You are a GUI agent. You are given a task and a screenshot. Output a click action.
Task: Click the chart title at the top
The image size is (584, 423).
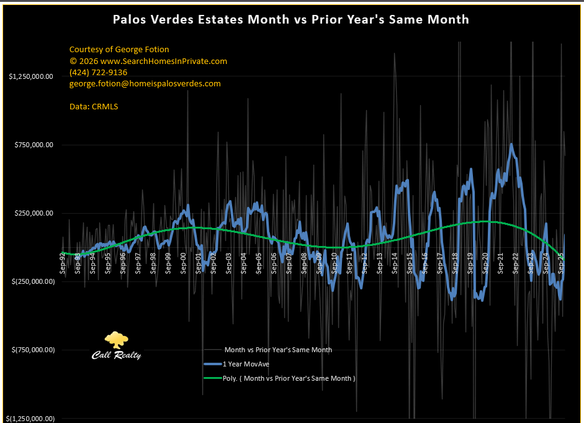pyautogui.click(x=291, y=19)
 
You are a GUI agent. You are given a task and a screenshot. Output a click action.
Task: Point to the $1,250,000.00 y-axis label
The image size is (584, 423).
pyautogui.click(x=30, y=76)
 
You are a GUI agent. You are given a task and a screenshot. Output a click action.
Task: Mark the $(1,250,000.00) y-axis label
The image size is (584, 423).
pyautogui.click(x=30, y=418)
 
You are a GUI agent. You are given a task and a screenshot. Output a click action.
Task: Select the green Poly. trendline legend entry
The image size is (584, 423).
pyautogui.click(x=289, y=378)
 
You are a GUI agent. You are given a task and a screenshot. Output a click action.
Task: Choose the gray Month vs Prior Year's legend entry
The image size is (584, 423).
pyautogui.click(x=277, y=350)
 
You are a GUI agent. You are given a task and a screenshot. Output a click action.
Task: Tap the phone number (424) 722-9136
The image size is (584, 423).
pyautogui.click(x=98, y=72)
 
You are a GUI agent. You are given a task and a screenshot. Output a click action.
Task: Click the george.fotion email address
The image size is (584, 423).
pyautogui.click(x=145, y=83)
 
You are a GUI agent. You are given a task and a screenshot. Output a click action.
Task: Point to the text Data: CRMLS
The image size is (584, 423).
pyautogui.click(x=94, y=106)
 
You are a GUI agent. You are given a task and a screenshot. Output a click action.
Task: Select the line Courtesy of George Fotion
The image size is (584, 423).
pyautogui.click(x=119, y=49)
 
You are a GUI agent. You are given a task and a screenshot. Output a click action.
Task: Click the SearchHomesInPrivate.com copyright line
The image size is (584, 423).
pyautogui.click(x=148, y=61)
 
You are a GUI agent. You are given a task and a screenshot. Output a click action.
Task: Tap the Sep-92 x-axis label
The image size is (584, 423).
pyautogui.click(x=63, y=262)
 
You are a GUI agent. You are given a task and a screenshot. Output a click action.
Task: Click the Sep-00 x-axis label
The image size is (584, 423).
pyautogui.click(x=184, y=262)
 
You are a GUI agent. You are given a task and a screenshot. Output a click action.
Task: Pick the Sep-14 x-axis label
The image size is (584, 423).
pyautogui.click(x=395, y=262)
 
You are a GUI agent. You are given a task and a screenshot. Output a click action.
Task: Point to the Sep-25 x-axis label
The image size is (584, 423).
pyautogui.click(x=560, y=262)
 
